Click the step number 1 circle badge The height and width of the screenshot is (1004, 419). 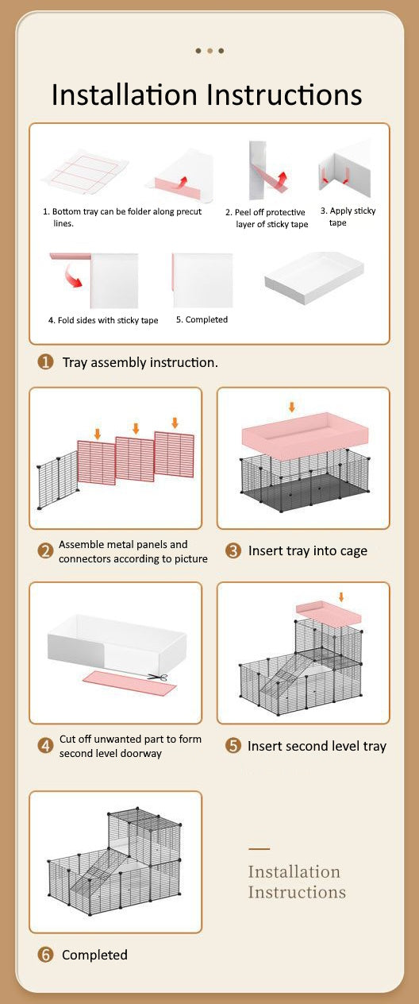[45, 361]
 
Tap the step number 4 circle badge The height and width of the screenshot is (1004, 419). [45, 746]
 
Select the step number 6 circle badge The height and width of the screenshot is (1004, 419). [45, 955]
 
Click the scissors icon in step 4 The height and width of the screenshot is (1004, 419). [158, 677]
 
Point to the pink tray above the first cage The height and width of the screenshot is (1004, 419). [305, 435]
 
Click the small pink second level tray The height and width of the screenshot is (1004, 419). [329, 612]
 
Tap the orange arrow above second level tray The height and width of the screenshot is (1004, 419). [341, 597]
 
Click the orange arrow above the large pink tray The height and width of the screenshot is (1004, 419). [292, 407]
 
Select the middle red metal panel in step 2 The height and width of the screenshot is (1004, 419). [135, 459]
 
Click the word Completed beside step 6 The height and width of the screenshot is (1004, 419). [94, 955]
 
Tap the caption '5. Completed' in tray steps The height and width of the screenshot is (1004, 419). [202, 319]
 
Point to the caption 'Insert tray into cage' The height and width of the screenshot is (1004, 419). [308, 551]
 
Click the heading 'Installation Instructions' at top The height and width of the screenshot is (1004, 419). [207, 95]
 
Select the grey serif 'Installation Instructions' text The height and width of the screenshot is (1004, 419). [297, 882]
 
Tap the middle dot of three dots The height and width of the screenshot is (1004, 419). [209, 51]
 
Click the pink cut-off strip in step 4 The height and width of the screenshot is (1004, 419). [130, 682]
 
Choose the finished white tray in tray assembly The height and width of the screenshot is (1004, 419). [314, 278]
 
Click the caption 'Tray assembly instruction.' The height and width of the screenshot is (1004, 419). [140, 362]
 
